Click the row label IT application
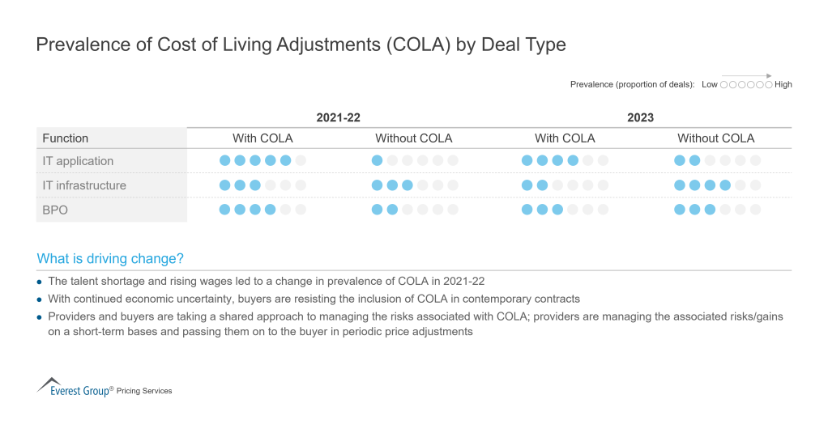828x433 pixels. pyautogui.click(x=78, y=161)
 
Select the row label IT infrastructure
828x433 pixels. pyautogui.click(x=84, y=185)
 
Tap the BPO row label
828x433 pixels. pyautogui.click(x=56, y=210)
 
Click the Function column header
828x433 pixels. pyautogui.click(x=65, y=138)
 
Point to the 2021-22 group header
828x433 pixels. pyautogui.click(x=338, y=117)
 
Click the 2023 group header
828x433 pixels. pyautogui.click(x=640, y=117)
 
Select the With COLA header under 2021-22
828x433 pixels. pyautogui.click(x=262, y=138)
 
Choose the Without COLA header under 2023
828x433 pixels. pyautogui.click(x=715, y=138)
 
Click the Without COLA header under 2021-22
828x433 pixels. pyautogui.click(x=413, y=138)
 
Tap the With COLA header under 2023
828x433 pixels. pyautogui.click(x=565, y=138)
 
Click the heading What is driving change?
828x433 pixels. pyautogui.click(x=110, y=259)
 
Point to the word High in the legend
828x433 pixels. pyautogui.click(x=783, y=84)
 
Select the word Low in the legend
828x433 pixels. pyautogui.click(x=709, y=84)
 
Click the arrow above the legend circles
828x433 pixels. pyautogui.click(x=746, y=75)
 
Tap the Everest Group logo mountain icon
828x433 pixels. pyautogui.click(x=49, y=382)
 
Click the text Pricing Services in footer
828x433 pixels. pyautogui.click(x=144, y=391)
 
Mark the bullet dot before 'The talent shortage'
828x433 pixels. pyautogui.click(x=41, y=282)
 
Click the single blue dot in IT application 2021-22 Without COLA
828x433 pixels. pyautogui.click(x=377, y=161)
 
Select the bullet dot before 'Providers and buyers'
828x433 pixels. pyautogui.click(x=41, y=316)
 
